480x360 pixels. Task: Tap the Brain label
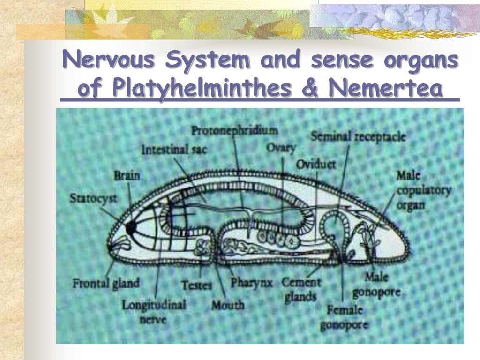pyautogui.click(x=127, y=176)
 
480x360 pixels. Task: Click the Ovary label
pyautogui.click(x=281, y=148)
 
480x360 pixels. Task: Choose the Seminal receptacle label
pyautogui.click(x=358, y=136)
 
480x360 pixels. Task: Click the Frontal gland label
pyautogui.click(x=106, y=283)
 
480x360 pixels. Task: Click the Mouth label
pyautogui.click(x=228, y=305)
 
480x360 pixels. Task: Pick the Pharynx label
pyautogui.click(x=252, y=283)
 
